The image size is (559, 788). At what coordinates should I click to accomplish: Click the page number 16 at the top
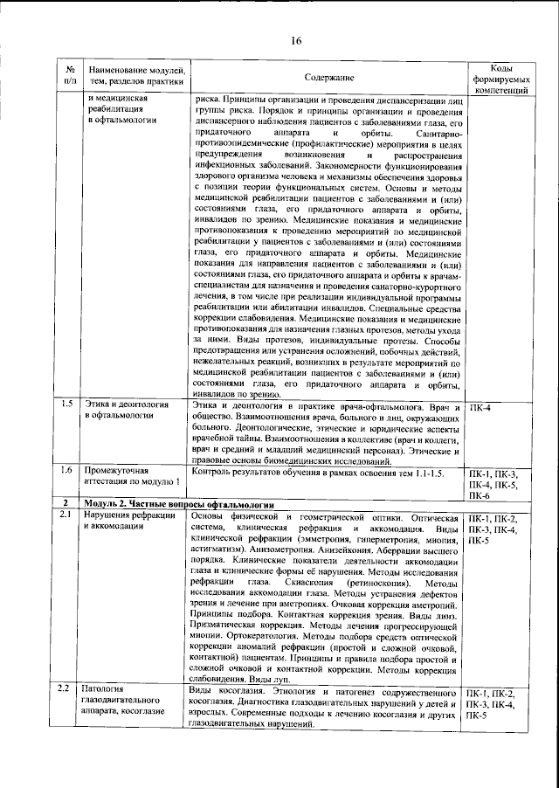(x=296, y=41)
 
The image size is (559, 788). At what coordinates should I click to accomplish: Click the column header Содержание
(x=329, y=79)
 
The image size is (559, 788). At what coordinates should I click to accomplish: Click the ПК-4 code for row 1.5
(x=481, y=407)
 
